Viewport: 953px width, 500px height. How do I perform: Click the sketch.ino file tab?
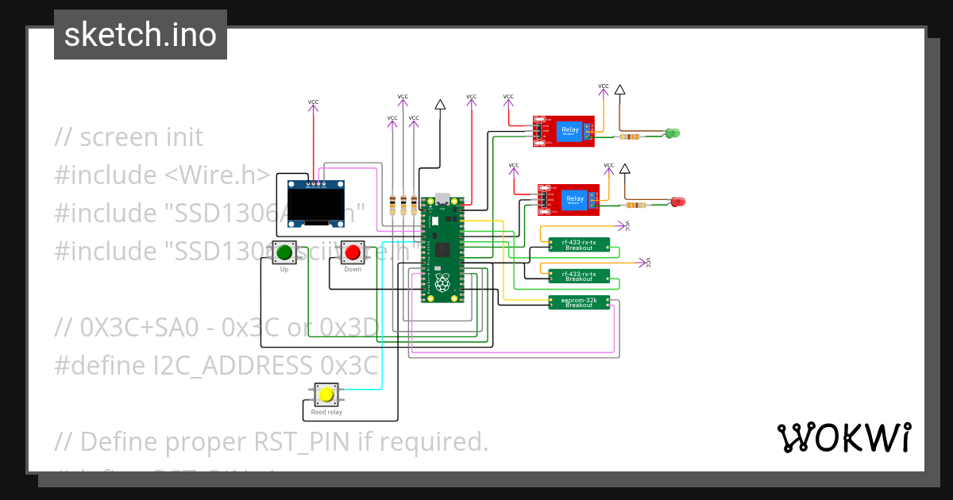click(x=141, y=35)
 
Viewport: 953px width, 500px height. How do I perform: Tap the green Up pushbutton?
click(x=284, y=253)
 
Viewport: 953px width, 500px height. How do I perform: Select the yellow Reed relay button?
click(x=325, y=394)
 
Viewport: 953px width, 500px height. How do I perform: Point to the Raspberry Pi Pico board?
click(x=442, y=249)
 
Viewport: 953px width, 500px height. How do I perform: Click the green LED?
click(x=672, y=133)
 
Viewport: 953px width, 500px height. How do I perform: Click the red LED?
click(x=677, y=202)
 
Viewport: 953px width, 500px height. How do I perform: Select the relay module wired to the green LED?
click(x=564, y=131)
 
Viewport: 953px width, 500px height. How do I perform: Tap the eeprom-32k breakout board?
click(x=579, y=302)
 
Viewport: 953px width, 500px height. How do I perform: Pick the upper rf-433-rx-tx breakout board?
click(x=579, y=244)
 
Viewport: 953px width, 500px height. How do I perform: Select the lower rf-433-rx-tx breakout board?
click(x=579, y=275)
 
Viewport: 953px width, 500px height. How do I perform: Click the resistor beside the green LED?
click(x=631, y=137)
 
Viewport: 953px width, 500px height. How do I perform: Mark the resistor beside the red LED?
click(x=646, y=205)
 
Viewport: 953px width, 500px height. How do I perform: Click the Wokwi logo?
click(x=843, y=437)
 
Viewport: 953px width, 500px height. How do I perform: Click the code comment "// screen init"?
click(x=129, y=137)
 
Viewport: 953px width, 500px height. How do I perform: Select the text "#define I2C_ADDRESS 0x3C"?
click(x=216, y=365)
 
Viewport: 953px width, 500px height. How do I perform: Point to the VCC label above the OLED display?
click(x=313, y=102)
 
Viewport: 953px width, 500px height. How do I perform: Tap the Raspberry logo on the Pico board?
click(x=442, y=282)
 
